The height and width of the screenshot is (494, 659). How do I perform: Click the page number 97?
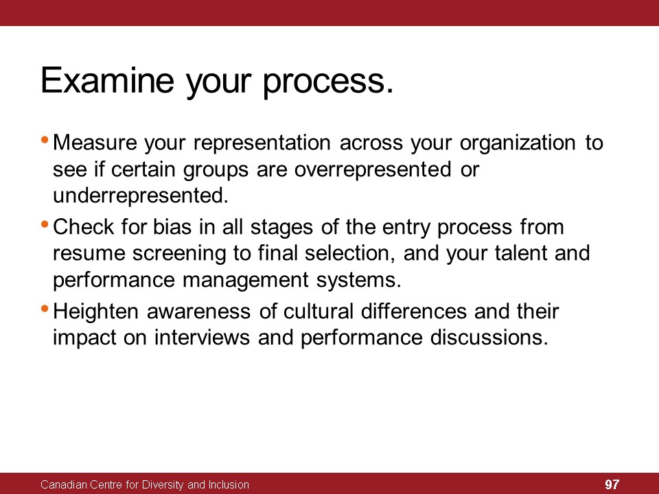[x=612, y=484]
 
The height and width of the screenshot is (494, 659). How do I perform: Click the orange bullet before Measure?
[x=45, y=139]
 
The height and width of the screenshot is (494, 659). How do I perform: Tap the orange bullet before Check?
[x=45, y=224]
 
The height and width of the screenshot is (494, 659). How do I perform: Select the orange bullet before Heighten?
[x=45, y=309]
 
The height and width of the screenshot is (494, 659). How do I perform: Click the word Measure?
[x=95, y=143]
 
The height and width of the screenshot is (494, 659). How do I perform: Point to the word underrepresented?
[x=141, y=196]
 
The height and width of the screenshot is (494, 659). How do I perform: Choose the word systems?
[x=359, y=281]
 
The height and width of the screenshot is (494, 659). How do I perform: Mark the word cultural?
[x=318, y=311]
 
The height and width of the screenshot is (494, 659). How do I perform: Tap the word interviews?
[x=202, y=338]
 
